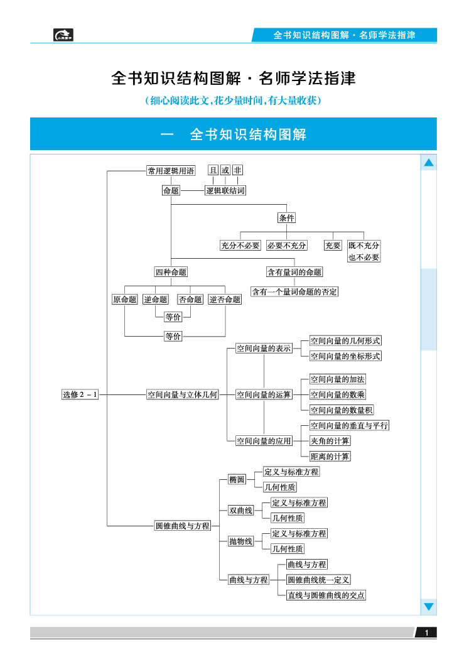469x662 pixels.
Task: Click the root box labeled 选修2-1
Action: tap(80, 394)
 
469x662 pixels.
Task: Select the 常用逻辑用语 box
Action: tap(170, 170)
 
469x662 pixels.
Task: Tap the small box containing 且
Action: tap(213, 170)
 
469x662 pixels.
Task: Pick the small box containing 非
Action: tap(237, 170)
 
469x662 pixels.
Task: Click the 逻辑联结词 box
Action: tap(225, 190)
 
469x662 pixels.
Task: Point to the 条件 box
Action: tap(287, 218)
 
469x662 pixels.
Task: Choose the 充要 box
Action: tap(333, 246)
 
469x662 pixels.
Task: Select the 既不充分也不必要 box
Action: tap(364, 251)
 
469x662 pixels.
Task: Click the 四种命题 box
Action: tap(171, 272)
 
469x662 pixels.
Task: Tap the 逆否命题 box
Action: tap(225, 300)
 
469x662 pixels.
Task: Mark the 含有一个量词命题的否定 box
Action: tap(294, 291)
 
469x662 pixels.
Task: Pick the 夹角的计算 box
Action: tap(330, 441)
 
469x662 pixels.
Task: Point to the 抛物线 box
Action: tap(240, 541)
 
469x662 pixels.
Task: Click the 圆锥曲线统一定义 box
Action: tap(318, 580)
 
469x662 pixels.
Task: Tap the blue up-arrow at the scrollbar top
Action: tap(429, 163)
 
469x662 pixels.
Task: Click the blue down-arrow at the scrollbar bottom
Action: tap(429, 607)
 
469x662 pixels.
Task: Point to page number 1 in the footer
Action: tap(426, 632)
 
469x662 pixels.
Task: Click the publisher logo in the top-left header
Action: tap(63, 35)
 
